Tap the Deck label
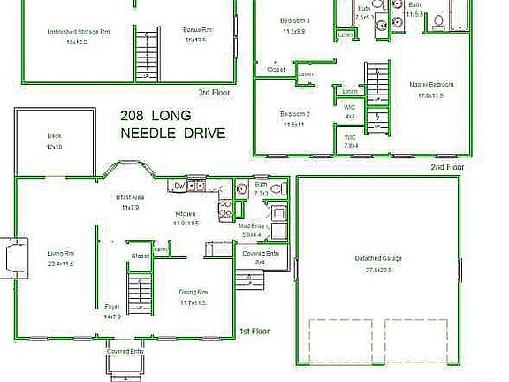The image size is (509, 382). point(54,135)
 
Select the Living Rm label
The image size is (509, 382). point(60,253)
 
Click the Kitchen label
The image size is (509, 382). point(186,214)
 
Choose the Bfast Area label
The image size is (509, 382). point(130,196)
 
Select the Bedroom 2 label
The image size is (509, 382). point(294,114)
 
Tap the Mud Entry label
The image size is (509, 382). point(253,226)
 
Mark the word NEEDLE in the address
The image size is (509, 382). point(150,134)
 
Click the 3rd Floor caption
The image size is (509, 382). point(215,92)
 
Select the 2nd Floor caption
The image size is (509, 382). point(447,166)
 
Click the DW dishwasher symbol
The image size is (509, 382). point(179,186)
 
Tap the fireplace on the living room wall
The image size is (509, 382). point(10,257)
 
